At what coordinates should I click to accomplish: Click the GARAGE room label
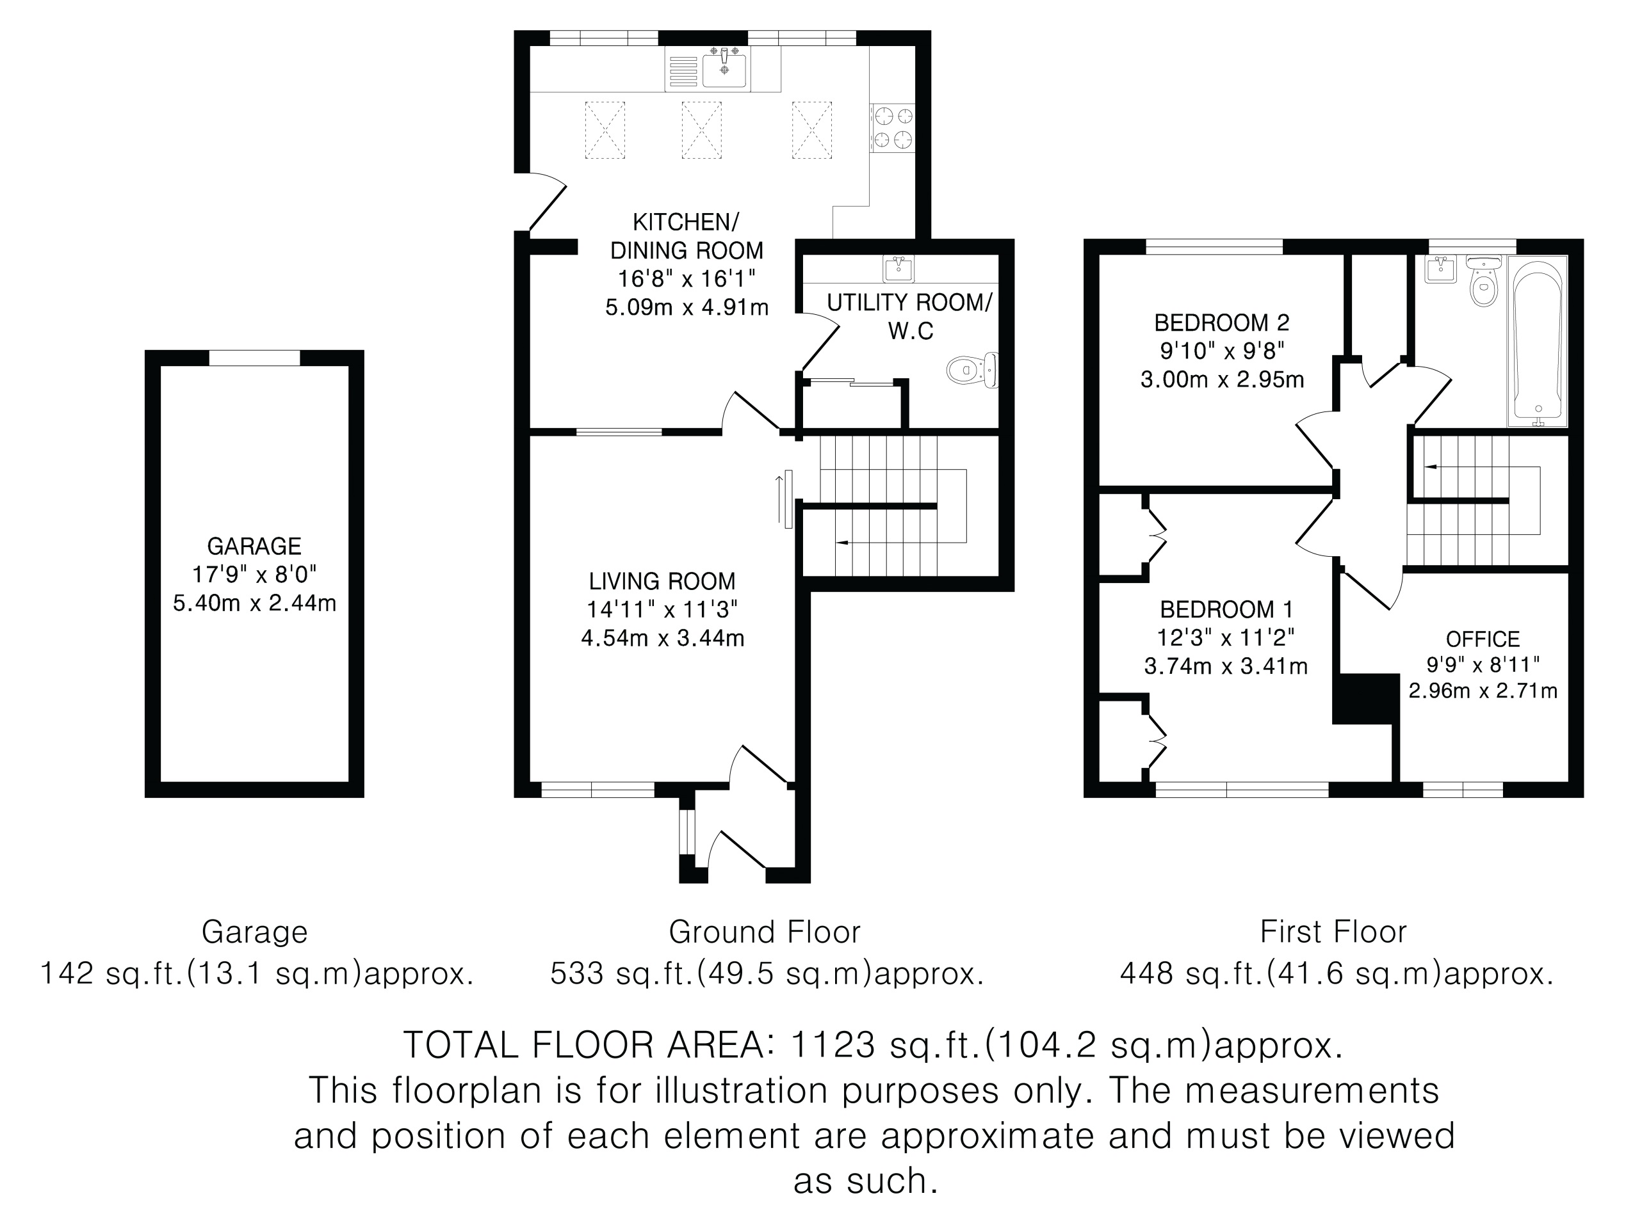(x=254, y=546)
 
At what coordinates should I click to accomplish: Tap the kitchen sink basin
(x=725, y=70)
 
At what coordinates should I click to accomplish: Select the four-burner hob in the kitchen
(x=893, y=128)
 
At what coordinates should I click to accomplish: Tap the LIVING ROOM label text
(x=662, y=581)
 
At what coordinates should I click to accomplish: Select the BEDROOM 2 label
(x=1222, y=323)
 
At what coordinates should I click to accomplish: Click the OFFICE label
(x=1483, y=639)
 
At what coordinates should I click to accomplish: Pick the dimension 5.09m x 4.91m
(x=687, y=307)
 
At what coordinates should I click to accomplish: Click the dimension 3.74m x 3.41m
(x=1225, y=666)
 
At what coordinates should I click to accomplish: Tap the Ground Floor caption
(x=764, y=932)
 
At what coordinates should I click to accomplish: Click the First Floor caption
(x=1333, y=932)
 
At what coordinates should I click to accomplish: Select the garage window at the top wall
(x=254, y=358)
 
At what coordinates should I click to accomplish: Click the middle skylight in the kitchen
(x=701, y=130)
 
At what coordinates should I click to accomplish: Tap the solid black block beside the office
(x=1366, y=699)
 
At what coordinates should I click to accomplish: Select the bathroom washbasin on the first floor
(x=1440, y=269)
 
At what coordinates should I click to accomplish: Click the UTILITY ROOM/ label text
(x=909, y=302)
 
